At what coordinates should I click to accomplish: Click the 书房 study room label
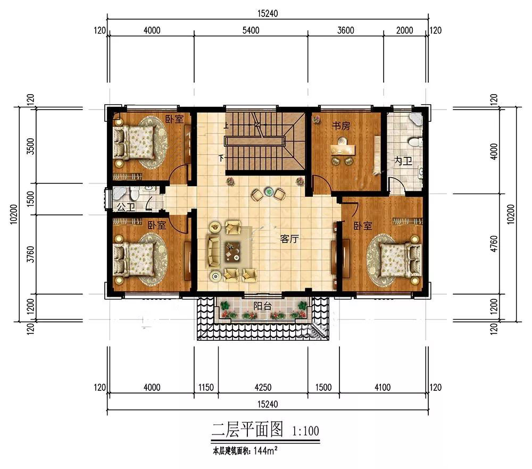[x=340, y=126]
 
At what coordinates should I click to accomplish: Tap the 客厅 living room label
[x=289, y=239]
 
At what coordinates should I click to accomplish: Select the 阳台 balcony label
[x=262, y=306]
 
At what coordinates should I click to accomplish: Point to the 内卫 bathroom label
[x=403, y=161]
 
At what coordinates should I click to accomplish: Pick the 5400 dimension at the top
[x=251, y=30]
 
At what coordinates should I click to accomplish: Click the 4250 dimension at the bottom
[x=263, y=387]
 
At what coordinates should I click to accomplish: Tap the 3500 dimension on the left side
[x=30, y=146]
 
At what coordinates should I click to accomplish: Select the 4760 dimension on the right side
[x=494, y=244]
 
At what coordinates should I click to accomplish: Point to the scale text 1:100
[x=305, y=431]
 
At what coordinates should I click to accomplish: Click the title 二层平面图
[x=247, y=429]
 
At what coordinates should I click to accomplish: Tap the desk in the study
[x=343, y=149]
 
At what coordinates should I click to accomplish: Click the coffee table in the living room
[x=233, y=252]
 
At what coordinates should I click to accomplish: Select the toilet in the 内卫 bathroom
[x=415, y=141]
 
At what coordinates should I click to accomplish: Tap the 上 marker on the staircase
[x=226, y=125]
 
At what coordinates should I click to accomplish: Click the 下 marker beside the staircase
[x=221, y=158]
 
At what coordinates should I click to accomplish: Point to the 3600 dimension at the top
[x=345, y=30]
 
